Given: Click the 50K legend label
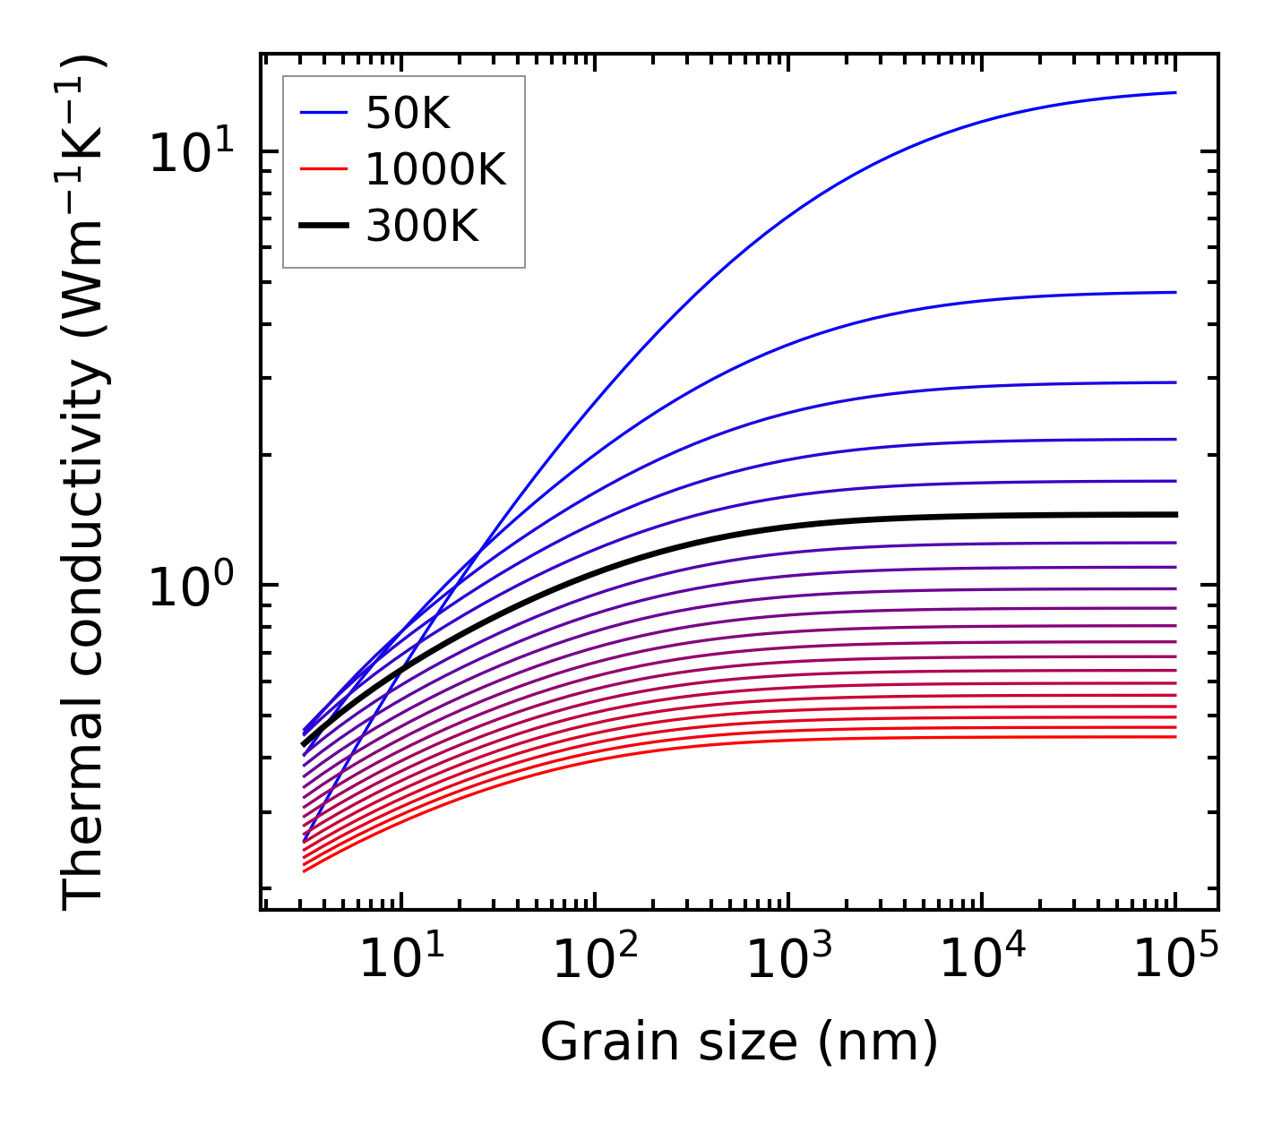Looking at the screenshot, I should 407,113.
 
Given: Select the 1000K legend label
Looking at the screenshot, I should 435,169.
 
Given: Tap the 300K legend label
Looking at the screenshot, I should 422,227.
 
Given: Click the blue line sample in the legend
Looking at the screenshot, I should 323,113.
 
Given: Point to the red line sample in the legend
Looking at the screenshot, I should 323,169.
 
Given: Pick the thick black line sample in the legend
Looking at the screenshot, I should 323,227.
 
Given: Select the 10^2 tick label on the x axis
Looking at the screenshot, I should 595,960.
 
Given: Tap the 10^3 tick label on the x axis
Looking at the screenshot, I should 788,960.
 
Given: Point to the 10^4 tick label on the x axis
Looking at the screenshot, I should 982,960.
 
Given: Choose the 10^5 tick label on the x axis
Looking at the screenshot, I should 1175,960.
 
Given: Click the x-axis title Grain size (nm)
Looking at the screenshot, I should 739,1042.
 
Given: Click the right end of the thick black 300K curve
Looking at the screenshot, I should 1174,514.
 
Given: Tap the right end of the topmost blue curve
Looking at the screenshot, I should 1174,92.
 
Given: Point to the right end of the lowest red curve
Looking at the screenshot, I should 1174,736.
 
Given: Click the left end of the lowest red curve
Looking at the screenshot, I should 305,870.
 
